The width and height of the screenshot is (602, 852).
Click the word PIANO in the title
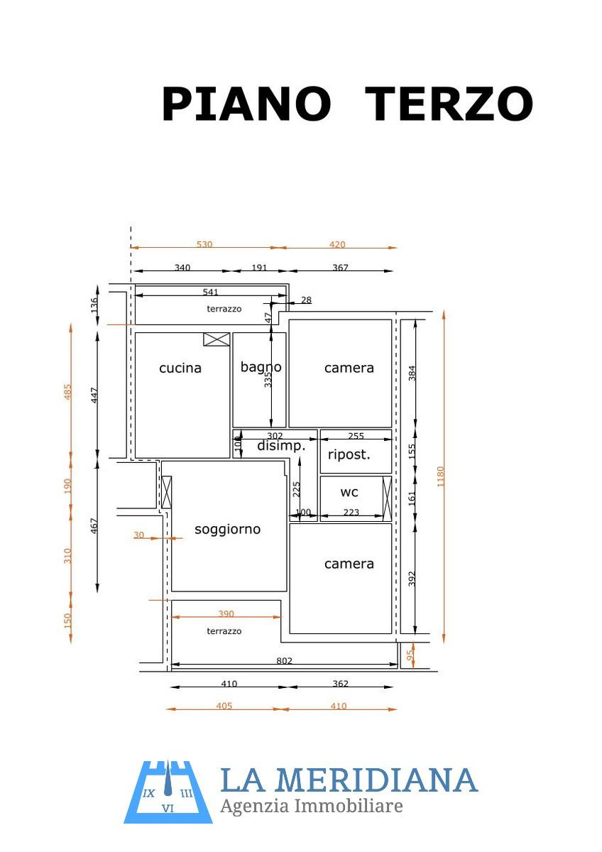click(x=246, y=104)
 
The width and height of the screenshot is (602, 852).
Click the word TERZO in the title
click(x=449, y=104)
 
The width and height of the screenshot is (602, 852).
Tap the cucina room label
click(x=180, y=368)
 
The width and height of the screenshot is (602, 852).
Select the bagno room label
click(x=261, y=367)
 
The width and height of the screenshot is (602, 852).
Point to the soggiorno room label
click(x=227, y=529)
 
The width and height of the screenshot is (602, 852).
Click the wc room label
click(x=349, y=492)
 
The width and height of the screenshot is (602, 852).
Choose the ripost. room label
click(x=349, y=454)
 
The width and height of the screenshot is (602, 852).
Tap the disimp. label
click(x=281, y=445)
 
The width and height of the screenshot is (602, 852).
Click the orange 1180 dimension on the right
click(x=440, y=476)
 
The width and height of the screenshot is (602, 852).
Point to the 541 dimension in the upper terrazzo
click(x=210, y=292)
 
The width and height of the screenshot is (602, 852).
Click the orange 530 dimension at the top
click(x=204, y=244)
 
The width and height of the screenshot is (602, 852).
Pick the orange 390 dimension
click(x=226, y=613)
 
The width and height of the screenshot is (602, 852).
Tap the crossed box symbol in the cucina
click(x=217, y=339)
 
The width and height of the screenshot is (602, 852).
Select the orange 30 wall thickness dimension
click(x=139, y=535)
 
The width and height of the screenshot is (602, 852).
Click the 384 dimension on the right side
click(x=412, y=373)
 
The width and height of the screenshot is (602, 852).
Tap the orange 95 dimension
click(x=410, y=655)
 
